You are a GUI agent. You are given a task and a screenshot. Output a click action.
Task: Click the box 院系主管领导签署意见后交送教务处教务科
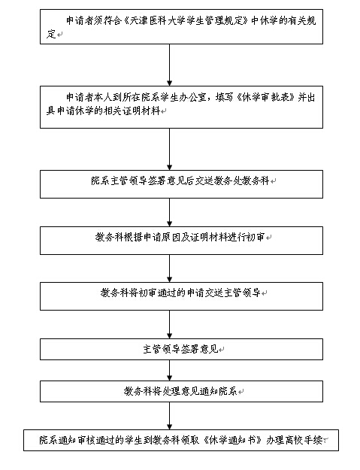[x=181, y=184]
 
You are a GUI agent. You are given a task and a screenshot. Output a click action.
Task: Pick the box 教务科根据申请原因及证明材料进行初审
[x=181, y=241]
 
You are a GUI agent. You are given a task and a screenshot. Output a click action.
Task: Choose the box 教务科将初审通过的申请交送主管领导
[x=181, y=296]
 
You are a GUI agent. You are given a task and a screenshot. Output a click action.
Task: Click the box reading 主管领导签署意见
[x=181, y=349]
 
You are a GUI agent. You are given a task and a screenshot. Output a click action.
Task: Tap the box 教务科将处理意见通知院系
[x=181, y=391]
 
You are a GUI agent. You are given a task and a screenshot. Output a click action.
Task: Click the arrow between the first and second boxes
[x=170, y=65]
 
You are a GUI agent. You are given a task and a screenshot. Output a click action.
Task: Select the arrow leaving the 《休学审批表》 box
[x=170, y=150]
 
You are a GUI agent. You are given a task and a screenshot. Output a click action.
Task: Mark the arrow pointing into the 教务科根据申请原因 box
[x=170, y=213]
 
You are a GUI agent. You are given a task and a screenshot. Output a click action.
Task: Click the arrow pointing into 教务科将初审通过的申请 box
[x=170, y=268]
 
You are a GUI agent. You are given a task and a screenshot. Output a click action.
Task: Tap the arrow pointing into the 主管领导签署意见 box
[x=170, y=324]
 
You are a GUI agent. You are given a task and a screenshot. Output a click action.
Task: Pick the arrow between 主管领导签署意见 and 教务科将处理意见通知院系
[x=170, y=371]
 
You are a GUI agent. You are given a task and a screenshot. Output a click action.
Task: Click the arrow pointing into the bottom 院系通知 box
[x=170, y=416]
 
